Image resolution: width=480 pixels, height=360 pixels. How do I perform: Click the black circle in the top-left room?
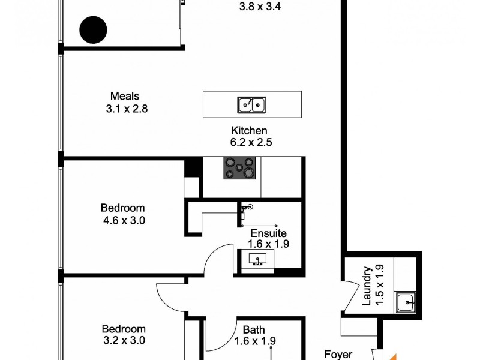tap(94, 29)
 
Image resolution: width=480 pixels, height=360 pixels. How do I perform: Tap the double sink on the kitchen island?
tap(252, 105)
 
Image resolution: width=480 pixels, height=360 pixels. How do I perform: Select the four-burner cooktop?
tap(239, 167)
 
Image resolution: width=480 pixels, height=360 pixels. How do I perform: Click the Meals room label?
tap(125, 96)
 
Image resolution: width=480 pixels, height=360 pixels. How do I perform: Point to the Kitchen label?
tap(249, 131)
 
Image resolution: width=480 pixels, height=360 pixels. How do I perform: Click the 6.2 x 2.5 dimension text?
tap(252, 143)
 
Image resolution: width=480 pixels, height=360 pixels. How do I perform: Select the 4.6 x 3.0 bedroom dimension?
tap(125, 220)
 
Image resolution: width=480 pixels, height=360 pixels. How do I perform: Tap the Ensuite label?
tap(269, 233)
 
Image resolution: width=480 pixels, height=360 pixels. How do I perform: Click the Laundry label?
tap(367, 285)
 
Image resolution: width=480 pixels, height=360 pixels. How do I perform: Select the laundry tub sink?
tap(406, 302)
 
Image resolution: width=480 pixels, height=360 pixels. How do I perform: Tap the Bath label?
tap(254, 329)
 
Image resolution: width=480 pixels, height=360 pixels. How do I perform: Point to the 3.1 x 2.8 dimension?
tap(127, 109)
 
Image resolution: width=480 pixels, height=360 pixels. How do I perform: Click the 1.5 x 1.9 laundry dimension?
tap(379, 285)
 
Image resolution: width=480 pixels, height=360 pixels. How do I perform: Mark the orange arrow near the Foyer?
tap(392, 354)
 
